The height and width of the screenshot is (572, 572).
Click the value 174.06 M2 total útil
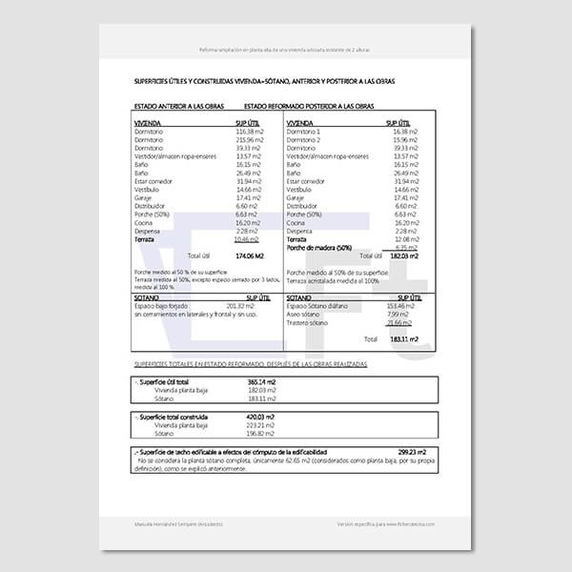click(249, 256)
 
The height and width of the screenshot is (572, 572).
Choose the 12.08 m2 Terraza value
click(407, 238)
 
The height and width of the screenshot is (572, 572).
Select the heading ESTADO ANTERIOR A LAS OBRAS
click(178, 108)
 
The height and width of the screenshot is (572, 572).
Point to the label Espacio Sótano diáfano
click(322, 305)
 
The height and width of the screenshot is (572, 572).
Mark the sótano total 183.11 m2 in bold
click(402, 338)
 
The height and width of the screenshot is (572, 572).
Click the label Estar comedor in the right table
click(306, 181)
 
